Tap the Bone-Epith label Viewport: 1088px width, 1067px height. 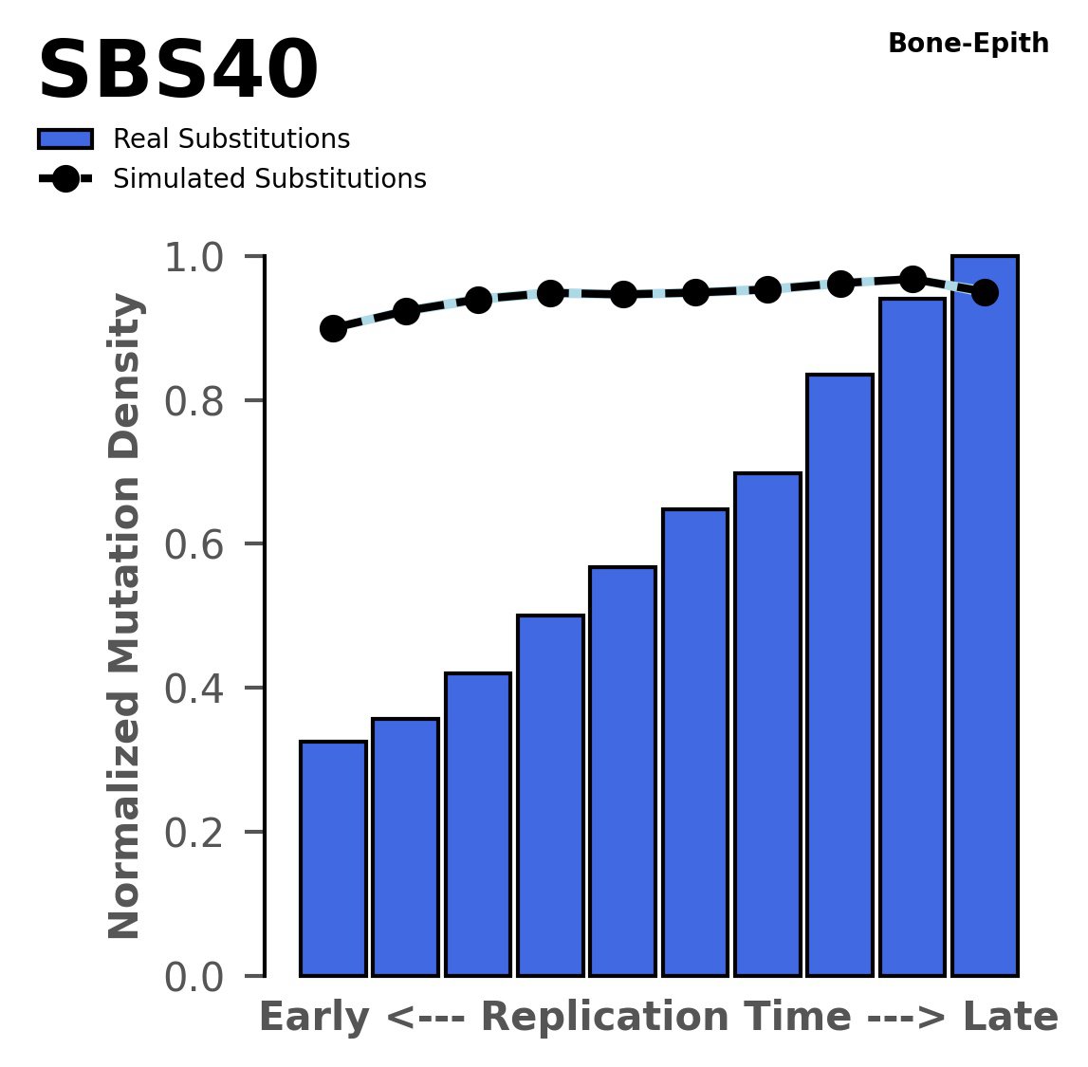968,44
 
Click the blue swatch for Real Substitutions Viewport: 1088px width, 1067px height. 65,139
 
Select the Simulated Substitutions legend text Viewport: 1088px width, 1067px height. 269,179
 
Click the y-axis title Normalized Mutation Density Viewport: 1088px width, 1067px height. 125,616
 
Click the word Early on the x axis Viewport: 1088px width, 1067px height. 313,1019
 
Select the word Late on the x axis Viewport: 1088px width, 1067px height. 1010,1019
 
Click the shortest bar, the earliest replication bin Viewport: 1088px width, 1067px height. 333,858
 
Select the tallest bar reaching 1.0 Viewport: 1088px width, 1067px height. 985,616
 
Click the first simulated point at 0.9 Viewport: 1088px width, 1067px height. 333,329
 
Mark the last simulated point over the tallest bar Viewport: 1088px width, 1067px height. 985,292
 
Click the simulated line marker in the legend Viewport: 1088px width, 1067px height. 65,179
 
